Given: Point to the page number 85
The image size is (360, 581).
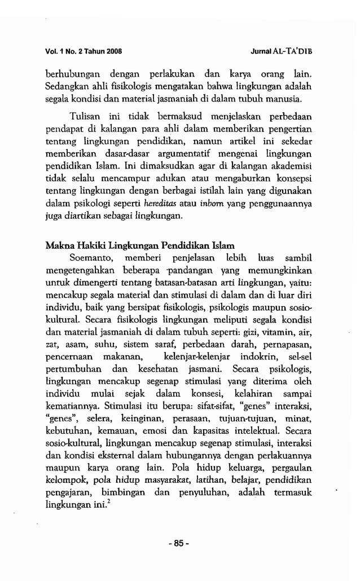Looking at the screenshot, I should (x=179, y=544).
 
